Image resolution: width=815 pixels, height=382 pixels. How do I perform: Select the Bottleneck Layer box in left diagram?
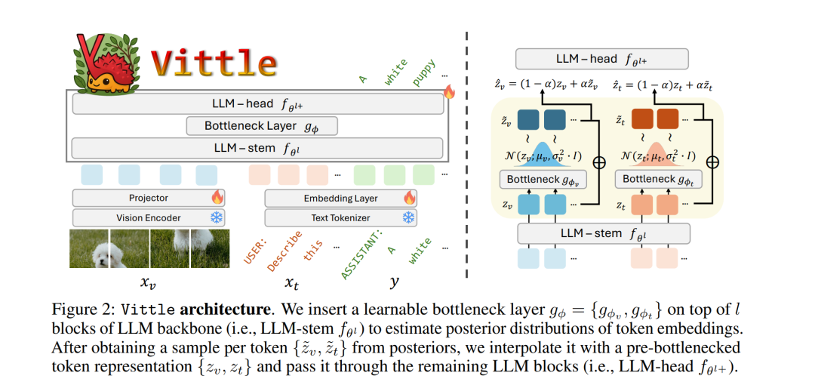pyautogui.click(x=261, y=125)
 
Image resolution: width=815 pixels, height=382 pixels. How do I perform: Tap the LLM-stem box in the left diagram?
pyautogui.click(x=257, y=148)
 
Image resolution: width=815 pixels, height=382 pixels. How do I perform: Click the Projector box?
pyautogui.click(x=149, y=198)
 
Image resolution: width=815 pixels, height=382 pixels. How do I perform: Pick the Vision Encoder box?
pyautogui.click(x=149, y=217)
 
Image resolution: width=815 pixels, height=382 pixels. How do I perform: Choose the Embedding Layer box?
pyautogui.click(x=340, y=198)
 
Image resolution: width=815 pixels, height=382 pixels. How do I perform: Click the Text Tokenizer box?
pyautogui.click(x=340, y=217)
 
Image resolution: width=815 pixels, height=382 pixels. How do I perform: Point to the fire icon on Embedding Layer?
pyautogui.click(x=409, y=198)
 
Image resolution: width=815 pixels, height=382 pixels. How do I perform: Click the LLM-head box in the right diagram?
pyautogui.click(x=601, y=59)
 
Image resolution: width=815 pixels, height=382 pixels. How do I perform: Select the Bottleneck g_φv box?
pyautogui.click(x=543, y=180)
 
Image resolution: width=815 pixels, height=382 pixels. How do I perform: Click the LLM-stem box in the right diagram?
pyautogui.click(x=601, y=234)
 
